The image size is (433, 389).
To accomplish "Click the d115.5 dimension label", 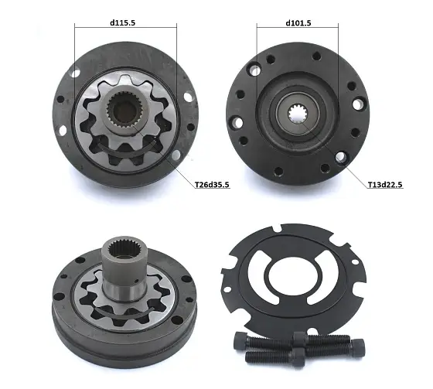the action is (123, 22).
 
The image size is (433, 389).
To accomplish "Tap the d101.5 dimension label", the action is (298, 22).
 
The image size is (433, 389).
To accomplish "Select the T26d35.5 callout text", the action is (212, 184).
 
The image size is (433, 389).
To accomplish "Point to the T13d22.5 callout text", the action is (385, 184).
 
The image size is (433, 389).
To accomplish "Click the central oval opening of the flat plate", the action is (293, 275).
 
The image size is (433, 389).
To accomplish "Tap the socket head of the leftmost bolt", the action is (240, 340).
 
